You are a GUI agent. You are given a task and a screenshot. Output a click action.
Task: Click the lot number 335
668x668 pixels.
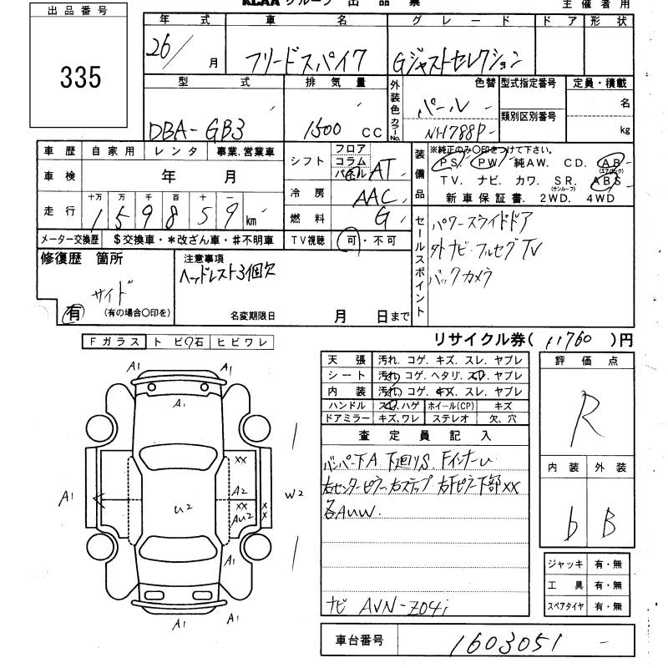coord(81,77)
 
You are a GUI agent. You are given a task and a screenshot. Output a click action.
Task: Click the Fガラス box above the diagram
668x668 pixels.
coord(113,342)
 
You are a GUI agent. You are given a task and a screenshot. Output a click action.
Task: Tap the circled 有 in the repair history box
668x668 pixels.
coord(74,312)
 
